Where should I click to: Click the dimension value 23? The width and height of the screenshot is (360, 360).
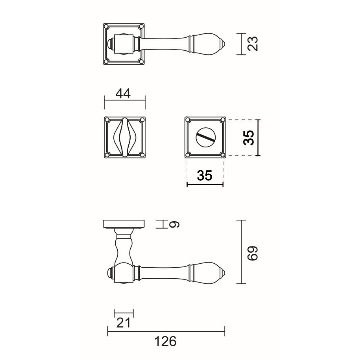[x=253, y=44]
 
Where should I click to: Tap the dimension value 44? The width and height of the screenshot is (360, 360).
[x=123, y=94]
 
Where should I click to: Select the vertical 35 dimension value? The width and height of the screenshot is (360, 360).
[x=249, y=138]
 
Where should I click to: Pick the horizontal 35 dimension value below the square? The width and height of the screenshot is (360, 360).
[x=205, y=176]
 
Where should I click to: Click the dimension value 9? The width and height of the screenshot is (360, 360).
[x=174, y=224]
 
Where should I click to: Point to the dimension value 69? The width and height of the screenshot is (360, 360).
[x=253, y=253]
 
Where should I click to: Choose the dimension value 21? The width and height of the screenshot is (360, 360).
[x=124, y=323]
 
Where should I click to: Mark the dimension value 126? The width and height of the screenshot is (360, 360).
[x=165, y=341]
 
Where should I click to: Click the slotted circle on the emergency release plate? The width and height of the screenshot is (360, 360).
[x=206, y=137]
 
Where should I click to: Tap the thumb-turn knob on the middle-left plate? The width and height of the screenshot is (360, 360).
[x=124, y=137]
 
